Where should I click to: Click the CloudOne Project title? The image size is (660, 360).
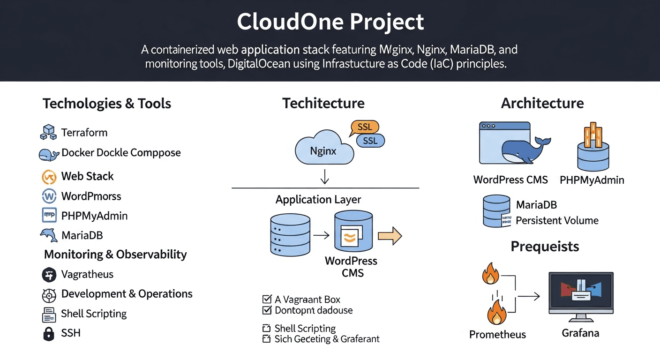click(x=330, y=22)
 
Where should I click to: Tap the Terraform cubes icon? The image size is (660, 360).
click(x=48, y=132)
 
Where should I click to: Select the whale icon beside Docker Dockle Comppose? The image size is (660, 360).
click(x=48, y=154)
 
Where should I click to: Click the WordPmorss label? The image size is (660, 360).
click(x=91, y=196)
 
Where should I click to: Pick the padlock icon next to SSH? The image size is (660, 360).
click(x=48, y=333)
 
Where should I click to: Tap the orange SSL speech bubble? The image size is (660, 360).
click(x=365, y=127)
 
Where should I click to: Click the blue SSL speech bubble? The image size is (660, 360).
click(x=370, y=140)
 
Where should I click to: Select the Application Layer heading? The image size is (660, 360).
click(x=318, y=200)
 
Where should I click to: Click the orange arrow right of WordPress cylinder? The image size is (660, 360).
click(x=390, y=235)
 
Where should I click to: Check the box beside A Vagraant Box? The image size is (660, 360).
click(x=267, y=299)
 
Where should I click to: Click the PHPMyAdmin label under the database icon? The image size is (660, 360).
click(x=592, y=180)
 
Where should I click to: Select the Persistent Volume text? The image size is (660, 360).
click(x=557, y=220)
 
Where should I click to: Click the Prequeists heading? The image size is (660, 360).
click(x=545, y=247)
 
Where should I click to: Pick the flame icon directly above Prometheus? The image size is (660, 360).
click(x=496, y=313)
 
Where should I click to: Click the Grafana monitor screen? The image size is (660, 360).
click(x=581, y=293)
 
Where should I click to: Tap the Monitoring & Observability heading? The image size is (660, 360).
click(x=115, y=255)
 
